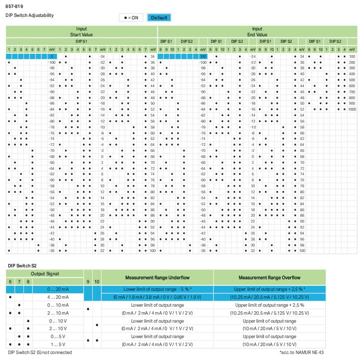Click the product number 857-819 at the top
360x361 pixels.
(x=13, y=6)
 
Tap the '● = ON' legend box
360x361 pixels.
(x=131, y=17)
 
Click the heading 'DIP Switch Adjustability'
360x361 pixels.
(x=29, y=15)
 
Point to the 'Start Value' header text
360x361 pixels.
(x=81, y=35)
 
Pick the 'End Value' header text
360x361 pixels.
(x=257, y=35)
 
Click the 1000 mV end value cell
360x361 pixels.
(x=352, y=109)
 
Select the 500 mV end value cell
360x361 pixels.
(x=352, y=80)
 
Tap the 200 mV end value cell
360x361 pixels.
(x=352, y=62)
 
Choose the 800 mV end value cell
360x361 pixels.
(x=352, y=98)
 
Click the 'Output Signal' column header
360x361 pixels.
(x=44, y=274)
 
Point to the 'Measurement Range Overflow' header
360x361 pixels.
(x=269, y=277)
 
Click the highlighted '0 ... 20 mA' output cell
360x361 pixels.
(x=58, y=289)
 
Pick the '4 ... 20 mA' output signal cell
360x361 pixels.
(x=58, y=297)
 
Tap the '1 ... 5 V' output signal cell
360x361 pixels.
(x=58, y=344)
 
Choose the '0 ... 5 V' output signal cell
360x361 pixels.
(x=58, y=336)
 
